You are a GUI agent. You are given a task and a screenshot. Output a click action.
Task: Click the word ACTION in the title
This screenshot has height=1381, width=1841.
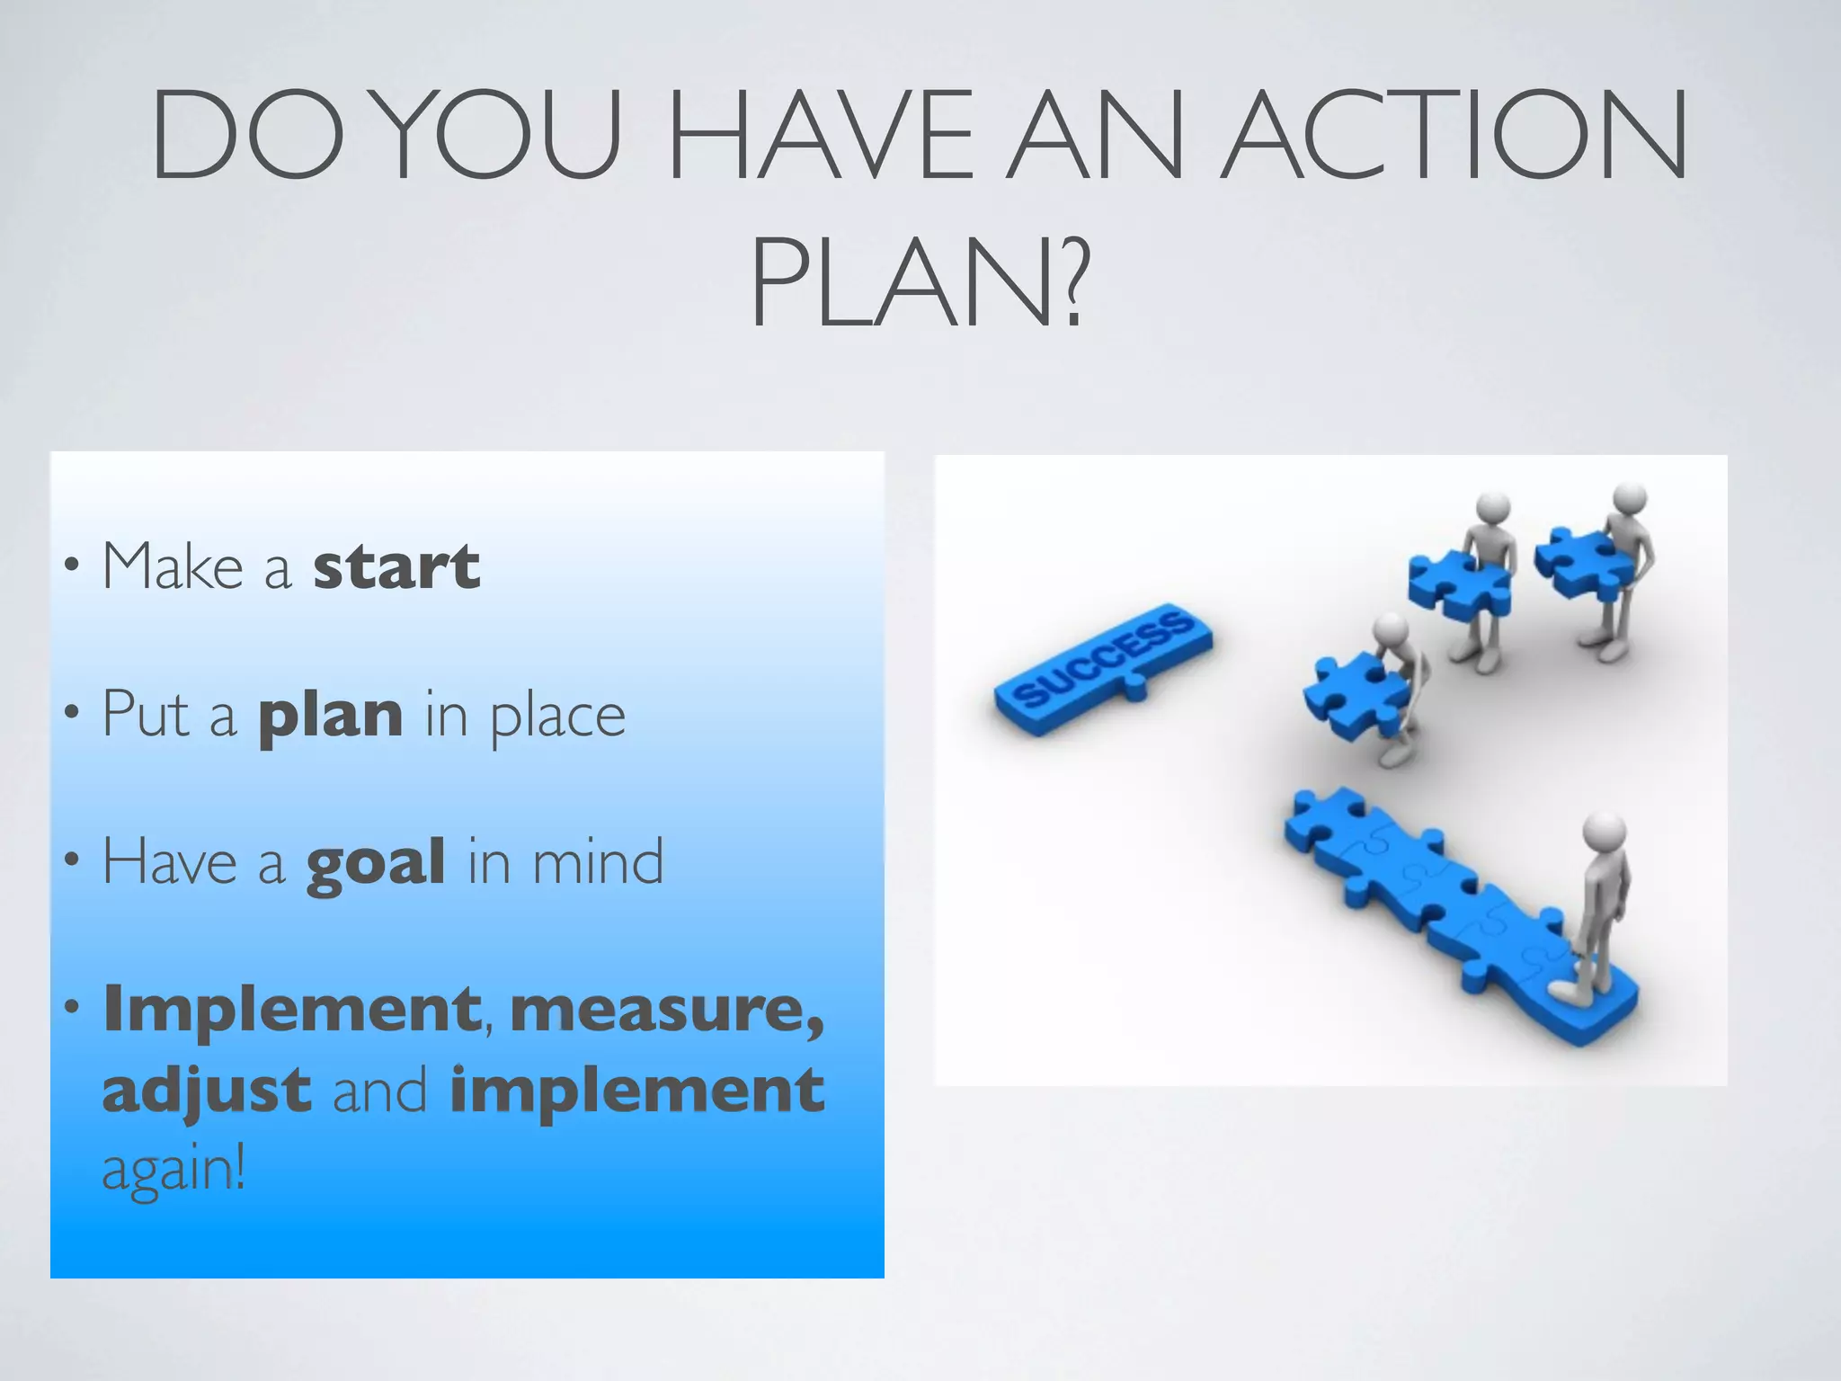1456,135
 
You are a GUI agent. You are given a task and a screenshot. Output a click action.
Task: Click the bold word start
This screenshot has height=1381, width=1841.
396,566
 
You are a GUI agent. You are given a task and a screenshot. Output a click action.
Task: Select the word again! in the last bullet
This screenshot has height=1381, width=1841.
173,1170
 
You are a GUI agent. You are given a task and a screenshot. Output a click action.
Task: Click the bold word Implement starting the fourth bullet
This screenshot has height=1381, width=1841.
291,1011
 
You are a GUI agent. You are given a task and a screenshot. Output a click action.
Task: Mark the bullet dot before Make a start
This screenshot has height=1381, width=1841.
71,566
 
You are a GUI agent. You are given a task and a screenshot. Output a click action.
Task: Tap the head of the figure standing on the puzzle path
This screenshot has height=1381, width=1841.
1604,833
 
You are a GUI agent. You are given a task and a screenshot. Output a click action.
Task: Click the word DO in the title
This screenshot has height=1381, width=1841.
247,135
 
